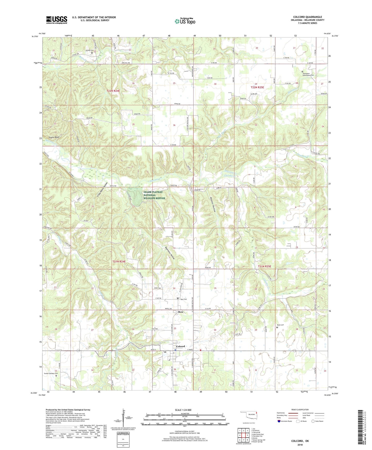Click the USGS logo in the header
[x=57, y=20]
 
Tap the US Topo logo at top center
[x=185, y=21]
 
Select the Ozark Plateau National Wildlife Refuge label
[x=154, y=195]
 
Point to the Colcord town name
[x=180, y=346]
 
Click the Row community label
[x=181, y=312]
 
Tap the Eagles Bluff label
[x=54, y=137]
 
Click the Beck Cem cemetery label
[x=280, y=325]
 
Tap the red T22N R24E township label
[x=113, y=91]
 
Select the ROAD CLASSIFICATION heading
[x=300, y=410]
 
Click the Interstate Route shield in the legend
[x=279, y=421]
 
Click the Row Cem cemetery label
[x=183, y=299]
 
